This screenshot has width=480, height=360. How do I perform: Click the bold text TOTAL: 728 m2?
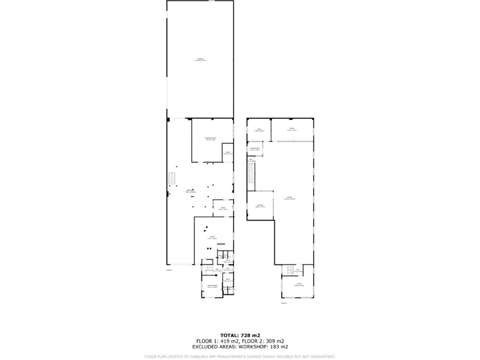(240, 336)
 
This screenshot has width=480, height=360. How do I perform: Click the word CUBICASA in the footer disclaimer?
(199, 356)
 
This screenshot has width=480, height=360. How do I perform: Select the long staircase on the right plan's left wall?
(251, 175)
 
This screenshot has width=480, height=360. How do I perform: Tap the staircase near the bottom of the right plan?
(289, 270)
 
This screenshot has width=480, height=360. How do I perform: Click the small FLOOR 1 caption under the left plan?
(169, 270)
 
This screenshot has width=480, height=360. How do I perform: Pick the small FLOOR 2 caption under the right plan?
(284, 303)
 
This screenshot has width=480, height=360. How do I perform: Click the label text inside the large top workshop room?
(200, 59)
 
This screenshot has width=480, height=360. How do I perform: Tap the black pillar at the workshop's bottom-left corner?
(168, 119)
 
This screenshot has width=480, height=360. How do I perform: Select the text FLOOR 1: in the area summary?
(206, 341)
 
